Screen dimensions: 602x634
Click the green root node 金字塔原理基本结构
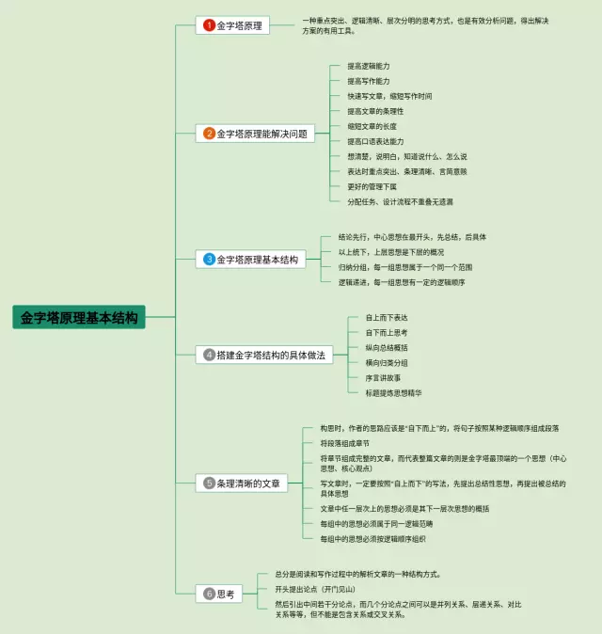pos(79,318)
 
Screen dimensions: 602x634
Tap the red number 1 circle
pos(210,25)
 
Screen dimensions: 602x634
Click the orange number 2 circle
pos(210,134)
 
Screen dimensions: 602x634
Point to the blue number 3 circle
pos(210,259)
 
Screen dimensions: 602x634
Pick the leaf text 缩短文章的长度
pos(372,126)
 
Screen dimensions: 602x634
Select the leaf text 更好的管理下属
pos(372,186)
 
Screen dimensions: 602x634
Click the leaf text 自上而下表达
pos(387,317)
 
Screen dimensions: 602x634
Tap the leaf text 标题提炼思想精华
pos(393,392)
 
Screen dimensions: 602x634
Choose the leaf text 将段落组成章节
pos(344,442)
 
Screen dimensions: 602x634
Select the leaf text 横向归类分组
pos(387,362)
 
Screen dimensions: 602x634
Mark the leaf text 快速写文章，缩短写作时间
pos(389,96)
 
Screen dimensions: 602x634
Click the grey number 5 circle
pos(210,483)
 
